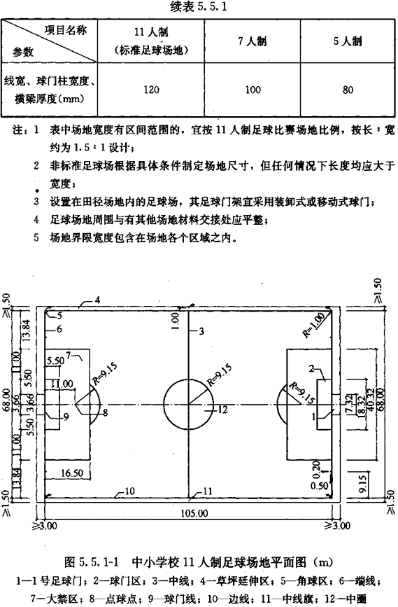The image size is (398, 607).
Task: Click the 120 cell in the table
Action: tap(151, 90)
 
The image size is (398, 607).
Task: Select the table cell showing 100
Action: tap(253, 90)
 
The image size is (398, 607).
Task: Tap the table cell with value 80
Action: tap(348, 90)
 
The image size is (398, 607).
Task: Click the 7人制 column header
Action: tap(253, 41)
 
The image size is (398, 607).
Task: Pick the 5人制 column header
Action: tap(348, 41)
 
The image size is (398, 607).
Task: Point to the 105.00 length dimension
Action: tap(194, 513)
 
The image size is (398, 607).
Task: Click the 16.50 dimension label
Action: tap(72, 473)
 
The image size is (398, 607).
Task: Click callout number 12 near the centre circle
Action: tap(222, 410)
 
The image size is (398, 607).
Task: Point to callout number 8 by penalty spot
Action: tap(106, 412)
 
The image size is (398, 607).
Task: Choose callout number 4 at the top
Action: tap(97, 300)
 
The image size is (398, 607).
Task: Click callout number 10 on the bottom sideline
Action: tap(129, 491)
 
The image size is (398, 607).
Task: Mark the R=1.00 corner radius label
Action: tap(313, 326)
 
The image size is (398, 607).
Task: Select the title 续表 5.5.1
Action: tap(198, 6)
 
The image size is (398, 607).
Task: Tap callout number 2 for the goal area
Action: tap(312, 368)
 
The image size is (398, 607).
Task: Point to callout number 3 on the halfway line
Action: tap(201, 331)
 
